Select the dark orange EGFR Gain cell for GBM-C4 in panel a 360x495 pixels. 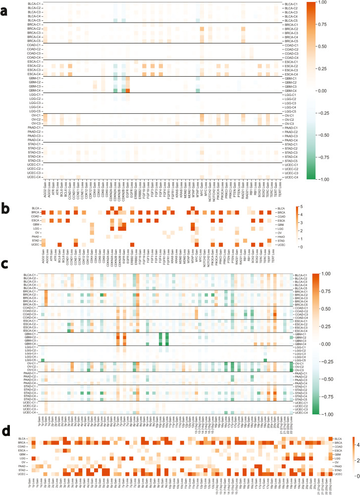click(127, 90)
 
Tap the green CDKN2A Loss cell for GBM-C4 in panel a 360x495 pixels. click(115, 90)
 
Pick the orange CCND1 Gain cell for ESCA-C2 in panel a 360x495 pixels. click(70, 65)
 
